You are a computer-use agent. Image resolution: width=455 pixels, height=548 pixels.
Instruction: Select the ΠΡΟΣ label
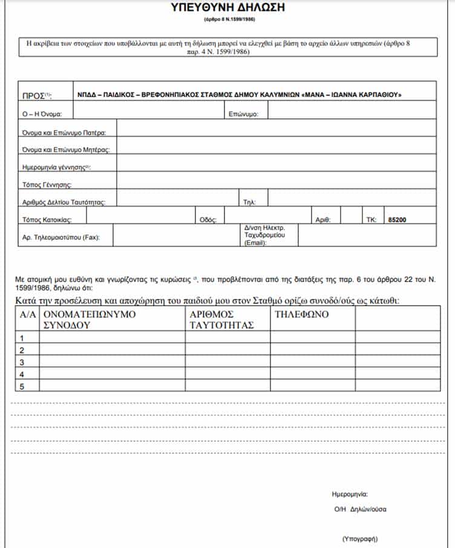(37, 95)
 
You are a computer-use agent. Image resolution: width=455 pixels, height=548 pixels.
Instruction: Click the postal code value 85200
(397, 220)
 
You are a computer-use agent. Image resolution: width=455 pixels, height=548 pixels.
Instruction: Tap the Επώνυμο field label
(244, 114)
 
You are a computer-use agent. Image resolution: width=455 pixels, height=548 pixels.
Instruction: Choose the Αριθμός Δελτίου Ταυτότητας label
(64, 202)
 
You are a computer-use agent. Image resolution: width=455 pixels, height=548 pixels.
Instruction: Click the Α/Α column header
(27, 315)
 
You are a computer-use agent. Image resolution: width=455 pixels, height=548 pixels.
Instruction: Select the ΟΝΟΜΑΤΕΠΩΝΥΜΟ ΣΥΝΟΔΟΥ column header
(90, 320)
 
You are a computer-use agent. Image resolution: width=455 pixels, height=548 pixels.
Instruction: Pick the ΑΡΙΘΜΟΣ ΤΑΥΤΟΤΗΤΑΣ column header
(220, 320)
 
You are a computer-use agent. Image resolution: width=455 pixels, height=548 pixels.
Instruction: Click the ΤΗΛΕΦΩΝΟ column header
(300, 315)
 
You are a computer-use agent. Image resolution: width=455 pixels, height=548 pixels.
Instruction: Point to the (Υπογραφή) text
(360, 538)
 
